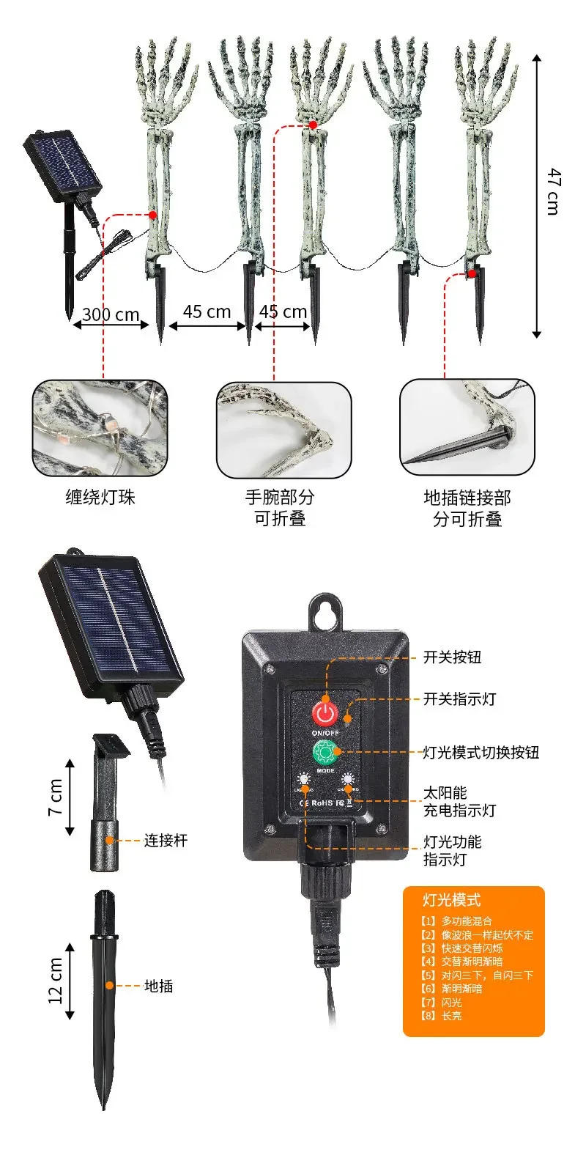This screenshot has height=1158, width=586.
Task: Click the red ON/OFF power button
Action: coord(324,712)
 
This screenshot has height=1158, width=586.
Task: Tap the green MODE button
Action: coord(324,752)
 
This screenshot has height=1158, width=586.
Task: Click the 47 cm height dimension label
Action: coord(554,191)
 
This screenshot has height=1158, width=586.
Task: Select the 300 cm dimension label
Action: coord(111,314)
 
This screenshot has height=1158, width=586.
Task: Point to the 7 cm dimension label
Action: coord(56,797)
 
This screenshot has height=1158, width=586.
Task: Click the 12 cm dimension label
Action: coord(56,981)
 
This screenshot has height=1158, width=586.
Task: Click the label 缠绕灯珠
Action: coord(100,498)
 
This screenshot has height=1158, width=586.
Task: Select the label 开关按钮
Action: coord(453,657)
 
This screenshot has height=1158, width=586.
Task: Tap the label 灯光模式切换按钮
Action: coord(481,752)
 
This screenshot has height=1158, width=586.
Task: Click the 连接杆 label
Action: coord(166,840)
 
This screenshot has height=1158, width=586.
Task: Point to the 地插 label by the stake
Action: coord(159,986)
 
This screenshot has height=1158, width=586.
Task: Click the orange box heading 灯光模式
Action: coord(452,900)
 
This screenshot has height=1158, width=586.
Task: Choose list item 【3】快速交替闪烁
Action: coord(462,948)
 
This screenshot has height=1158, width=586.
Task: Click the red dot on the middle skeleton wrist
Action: coord(313,125)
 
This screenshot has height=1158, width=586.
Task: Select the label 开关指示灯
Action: coord(459,698)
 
